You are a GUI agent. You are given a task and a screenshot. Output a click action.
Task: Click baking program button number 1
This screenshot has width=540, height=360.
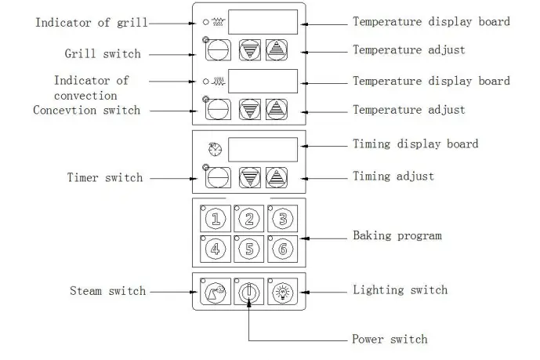coord(217,218)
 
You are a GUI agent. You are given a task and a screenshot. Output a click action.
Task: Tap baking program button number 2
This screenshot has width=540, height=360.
coord(249,218)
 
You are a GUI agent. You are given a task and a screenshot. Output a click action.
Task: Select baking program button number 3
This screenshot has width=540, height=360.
coord(282,218)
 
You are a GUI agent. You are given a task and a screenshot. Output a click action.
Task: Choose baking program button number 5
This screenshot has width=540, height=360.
coord(249,249)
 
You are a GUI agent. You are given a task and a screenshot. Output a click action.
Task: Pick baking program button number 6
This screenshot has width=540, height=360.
coord(282,249)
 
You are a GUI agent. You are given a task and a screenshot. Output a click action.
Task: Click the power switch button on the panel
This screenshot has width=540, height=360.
coord(249,291)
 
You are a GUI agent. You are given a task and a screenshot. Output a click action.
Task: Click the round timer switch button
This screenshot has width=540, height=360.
coord(217,178)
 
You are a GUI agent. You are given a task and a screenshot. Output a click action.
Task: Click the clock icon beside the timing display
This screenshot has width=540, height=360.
coord(216,149)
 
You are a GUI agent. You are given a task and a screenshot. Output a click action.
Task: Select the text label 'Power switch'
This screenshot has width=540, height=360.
coord(390,339)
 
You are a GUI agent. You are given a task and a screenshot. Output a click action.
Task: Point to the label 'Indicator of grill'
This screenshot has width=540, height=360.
coord(91,23)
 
